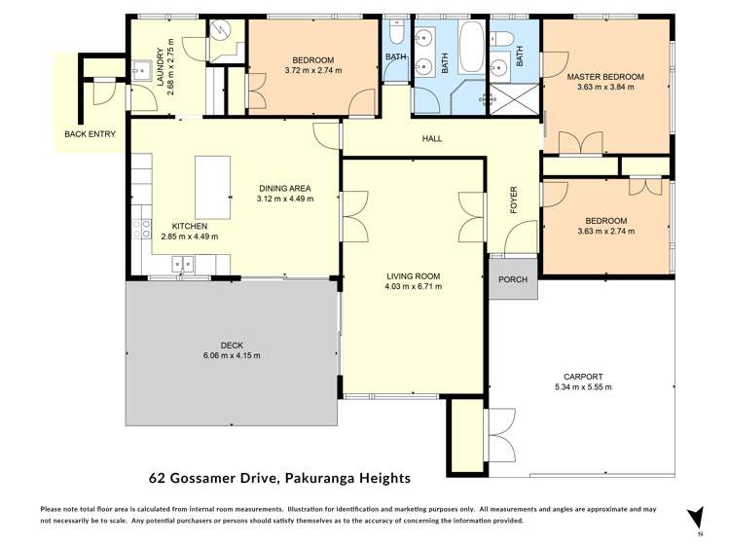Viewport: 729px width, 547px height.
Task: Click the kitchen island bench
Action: (x=213, y=188)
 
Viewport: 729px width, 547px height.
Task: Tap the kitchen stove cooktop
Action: (x=142, y=229)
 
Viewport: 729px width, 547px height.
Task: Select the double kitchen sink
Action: (x=182, y=263)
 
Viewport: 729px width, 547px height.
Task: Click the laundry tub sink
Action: (x=139, y=70)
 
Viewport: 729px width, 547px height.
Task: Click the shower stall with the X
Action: (x=507, y=98)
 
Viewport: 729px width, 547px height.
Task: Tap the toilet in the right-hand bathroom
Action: (x=503, y=37)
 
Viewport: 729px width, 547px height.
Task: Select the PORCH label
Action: (x=512, y=280)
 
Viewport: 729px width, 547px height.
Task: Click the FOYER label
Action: (x=514, y=201)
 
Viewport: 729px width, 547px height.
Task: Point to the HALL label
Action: (x=432, y=139)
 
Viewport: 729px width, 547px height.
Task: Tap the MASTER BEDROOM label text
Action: (x=605, y=76)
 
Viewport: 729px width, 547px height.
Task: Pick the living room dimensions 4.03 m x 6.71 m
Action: (x=414, y=287)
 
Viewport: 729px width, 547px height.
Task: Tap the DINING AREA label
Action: (x=284, y=188)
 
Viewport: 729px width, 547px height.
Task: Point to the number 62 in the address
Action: (x=157, y=478)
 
